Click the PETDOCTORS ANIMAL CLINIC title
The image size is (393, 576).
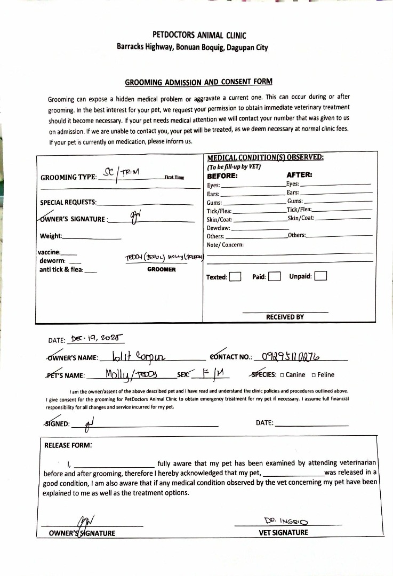tap(199, 35)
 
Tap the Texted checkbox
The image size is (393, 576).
tap(235, 277)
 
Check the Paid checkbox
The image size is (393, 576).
tap(275, 276)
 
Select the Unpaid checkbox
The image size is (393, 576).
tap(320, 276)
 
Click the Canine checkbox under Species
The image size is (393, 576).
tap(282, 375)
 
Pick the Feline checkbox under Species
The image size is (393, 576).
tap(314, 375)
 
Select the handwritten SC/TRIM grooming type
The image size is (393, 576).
tap(121, 173)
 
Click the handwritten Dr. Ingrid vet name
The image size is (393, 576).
tap(288, 520)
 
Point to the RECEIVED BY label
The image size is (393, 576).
tap(285, 317)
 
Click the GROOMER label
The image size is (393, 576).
tap(161, 269)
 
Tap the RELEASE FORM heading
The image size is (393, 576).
tap(68, 444)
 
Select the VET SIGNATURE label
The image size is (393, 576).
tap(283, 532)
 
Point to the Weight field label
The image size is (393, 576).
tap(51, 236)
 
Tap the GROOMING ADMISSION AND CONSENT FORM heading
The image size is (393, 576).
tap(198, 82)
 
